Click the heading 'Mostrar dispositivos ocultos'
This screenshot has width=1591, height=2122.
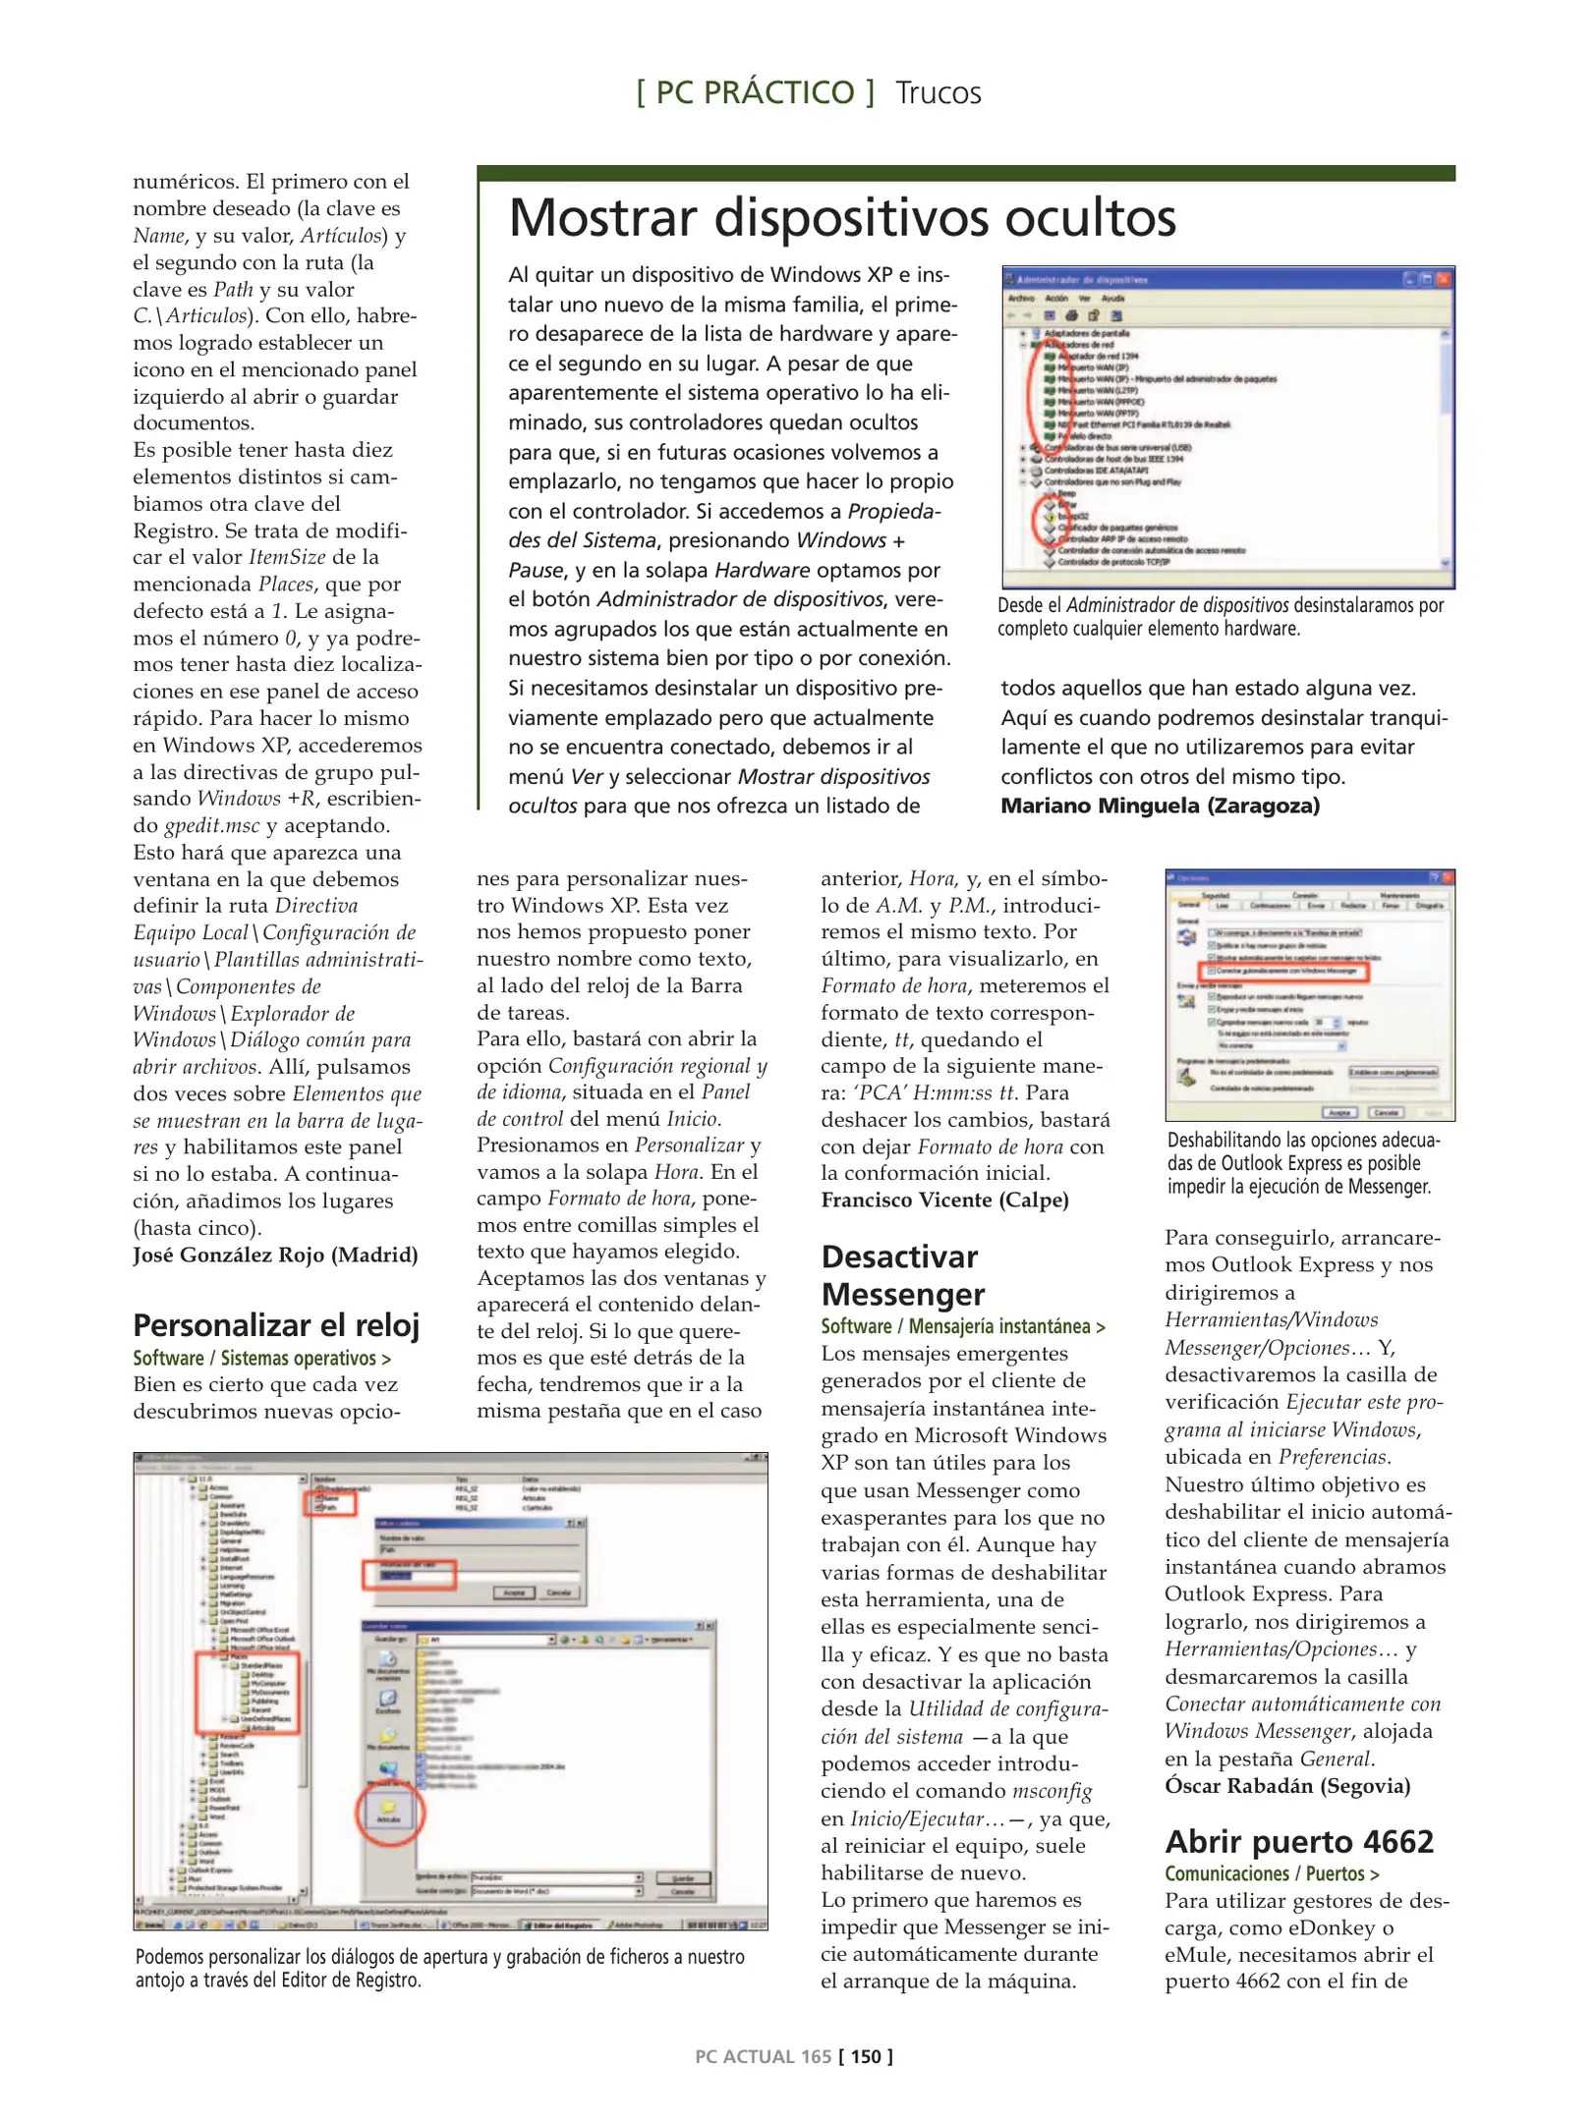pos(841,218)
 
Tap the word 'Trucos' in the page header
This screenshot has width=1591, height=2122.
pos(938,93)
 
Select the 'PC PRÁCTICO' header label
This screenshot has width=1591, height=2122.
pos(755,93)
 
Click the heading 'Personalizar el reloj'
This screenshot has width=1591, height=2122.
pos(276,1325)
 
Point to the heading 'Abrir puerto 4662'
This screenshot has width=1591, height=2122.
pos(1299,1841)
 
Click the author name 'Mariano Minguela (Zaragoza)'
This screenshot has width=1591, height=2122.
pos(1160,807)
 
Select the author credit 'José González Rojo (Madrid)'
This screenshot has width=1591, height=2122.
pos(275,1255)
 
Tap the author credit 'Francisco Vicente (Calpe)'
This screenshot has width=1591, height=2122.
pos(944,1200)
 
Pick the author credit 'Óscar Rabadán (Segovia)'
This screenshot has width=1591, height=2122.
pos(1287,1785)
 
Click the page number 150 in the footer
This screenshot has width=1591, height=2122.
pos(866,2056)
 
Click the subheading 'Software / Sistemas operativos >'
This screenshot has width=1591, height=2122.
pos(261,1359)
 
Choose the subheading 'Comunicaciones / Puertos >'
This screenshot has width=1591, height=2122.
pos(1272,1873)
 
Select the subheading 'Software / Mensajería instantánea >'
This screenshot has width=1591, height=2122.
pos(963,1326)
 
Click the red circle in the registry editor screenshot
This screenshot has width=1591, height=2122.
pos(389,1814)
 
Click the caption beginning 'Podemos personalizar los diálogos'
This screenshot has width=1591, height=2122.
pos(439,1968)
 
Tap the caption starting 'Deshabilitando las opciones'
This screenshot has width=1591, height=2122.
pos(1303,1163)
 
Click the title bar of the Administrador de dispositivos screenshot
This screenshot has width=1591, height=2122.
pos(1227,279)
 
